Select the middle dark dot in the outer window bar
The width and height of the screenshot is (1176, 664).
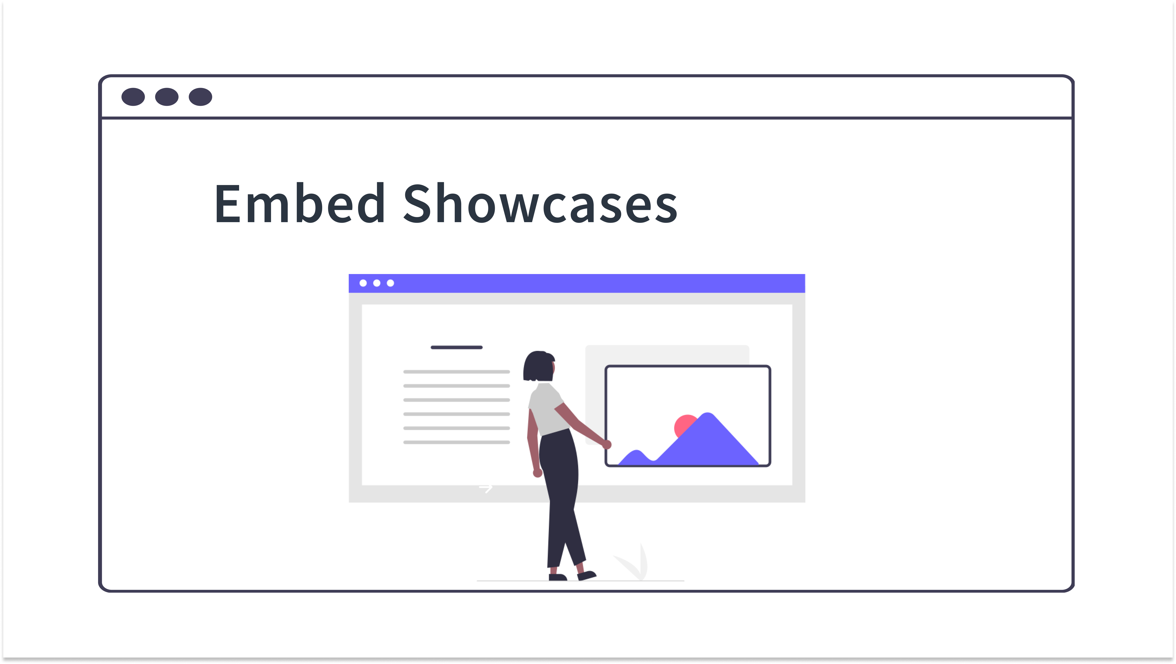(167, 97)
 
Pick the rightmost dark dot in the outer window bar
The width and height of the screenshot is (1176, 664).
(200, 97)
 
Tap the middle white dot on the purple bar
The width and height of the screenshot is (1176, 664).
(377, 283)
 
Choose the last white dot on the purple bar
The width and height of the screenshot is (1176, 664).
(390, 283)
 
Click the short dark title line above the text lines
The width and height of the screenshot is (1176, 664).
(457, 348)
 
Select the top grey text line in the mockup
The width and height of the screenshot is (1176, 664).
(457, 372)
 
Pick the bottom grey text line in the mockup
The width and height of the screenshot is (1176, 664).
(457, 442)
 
